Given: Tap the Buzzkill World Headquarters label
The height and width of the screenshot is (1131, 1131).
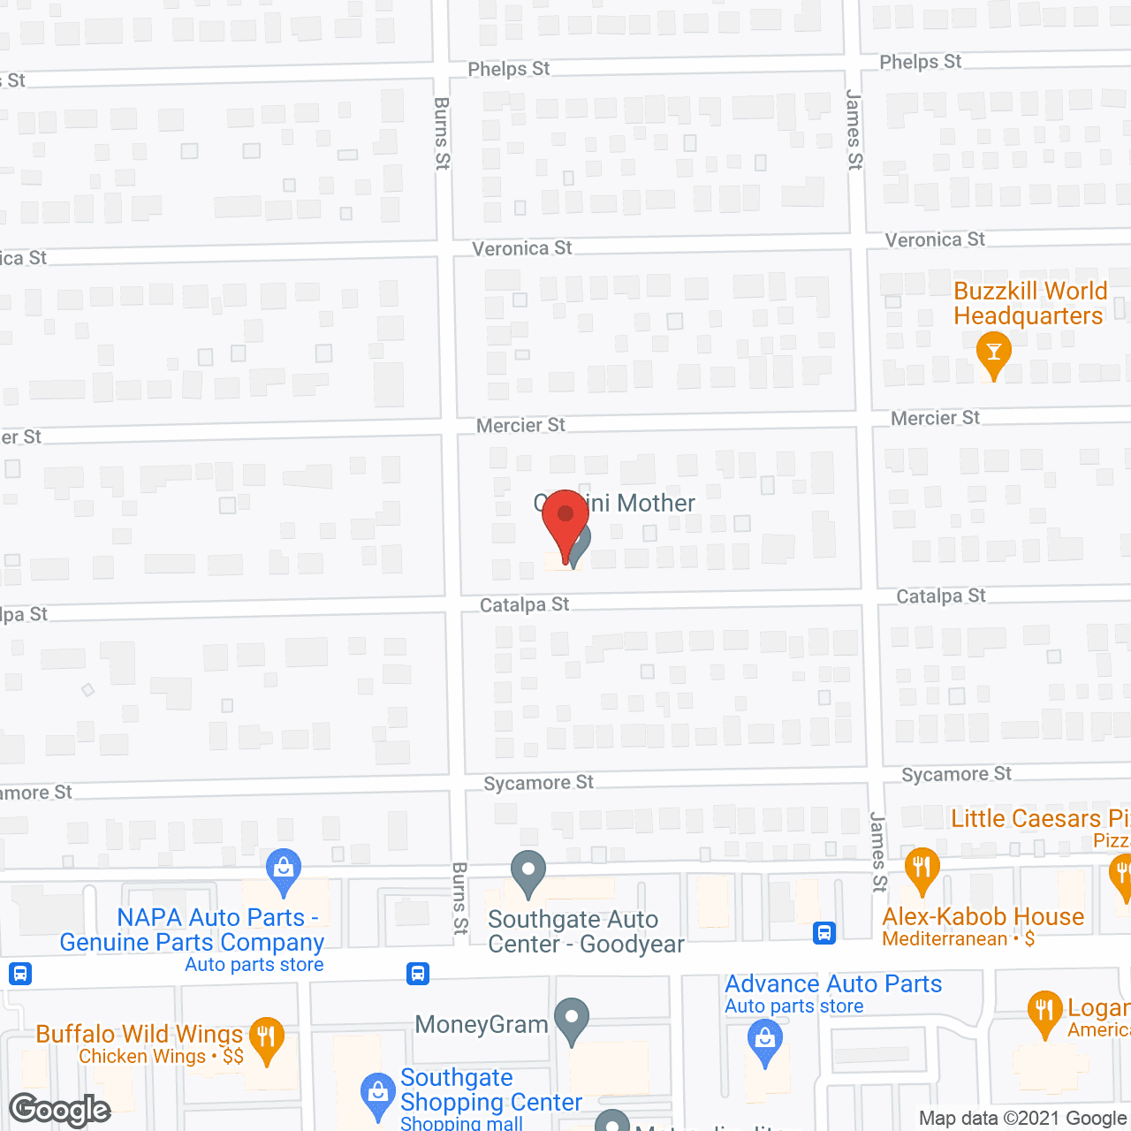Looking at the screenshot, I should point(1029,303).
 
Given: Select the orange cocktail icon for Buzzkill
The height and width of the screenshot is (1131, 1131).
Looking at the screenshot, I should point(994,353).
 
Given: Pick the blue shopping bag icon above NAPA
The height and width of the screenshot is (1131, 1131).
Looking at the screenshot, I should point(284,869).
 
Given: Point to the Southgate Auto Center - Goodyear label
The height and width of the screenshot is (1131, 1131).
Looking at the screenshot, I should point(585,932).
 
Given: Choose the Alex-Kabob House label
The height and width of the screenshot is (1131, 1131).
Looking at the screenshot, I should point(983,916).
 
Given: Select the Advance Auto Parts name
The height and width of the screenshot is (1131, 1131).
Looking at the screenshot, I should point(833,983).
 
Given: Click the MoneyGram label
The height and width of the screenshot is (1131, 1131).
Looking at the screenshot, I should point(482,1024).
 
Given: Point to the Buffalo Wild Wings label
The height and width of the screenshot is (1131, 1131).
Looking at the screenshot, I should point(140,1034).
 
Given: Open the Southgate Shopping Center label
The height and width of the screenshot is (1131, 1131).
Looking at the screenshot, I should point(490,1089).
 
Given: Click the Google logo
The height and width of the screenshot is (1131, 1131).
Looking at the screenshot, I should point(60,1110).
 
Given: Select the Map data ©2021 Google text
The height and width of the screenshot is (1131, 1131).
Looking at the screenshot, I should point(1023,1118).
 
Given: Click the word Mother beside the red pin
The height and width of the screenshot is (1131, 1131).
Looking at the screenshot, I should point(656,503).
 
